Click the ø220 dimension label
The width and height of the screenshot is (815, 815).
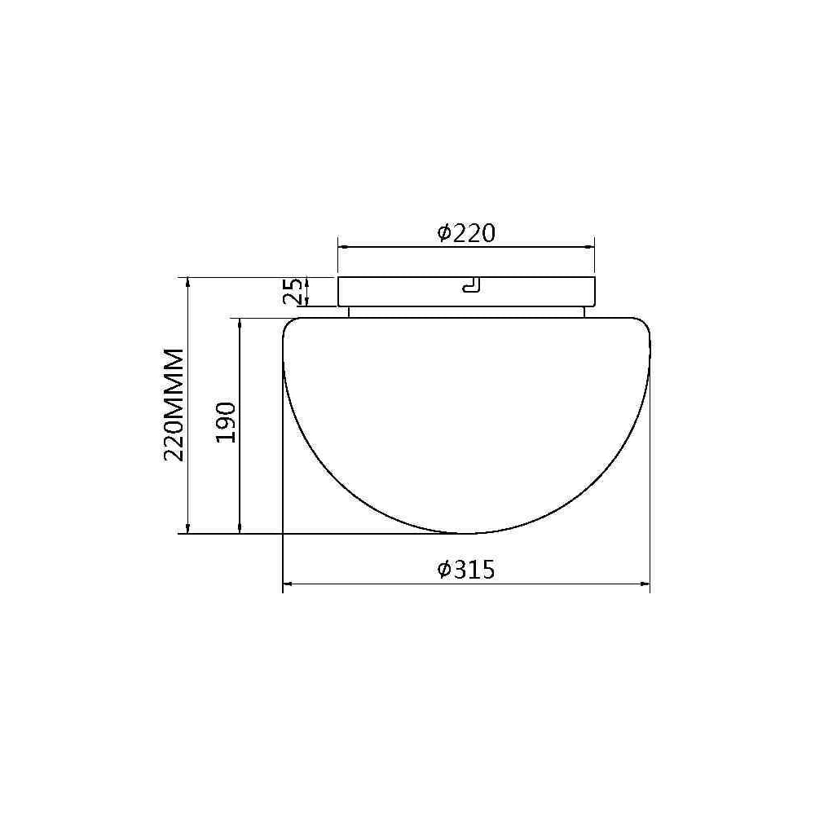[466, 233]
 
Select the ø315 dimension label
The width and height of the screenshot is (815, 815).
[466, 569]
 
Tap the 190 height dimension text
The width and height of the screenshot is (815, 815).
[227, 422]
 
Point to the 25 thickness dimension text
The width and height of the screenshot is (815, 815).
[292, 291]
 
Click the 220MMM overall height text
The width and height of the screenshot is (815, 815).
[174, 405]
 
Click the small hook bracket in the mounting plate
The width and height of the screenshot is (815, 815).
[471, 284]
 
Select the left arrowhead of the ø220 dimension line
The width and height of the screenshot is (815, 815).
[342, 248]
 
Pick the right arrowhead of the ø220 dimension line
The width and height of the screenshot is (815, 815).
[590, 248]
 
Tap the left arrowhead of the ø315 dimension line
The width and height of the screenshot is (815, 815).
[287, 584]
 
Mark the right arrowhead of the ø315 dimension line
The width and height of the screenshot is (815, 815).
[645, 584]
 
